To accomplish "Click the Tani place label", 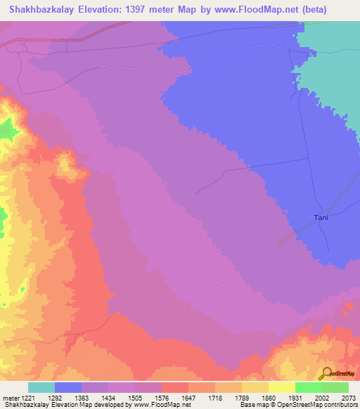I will pos(321,217).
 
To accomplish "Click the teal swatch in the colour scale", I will pos(41,387).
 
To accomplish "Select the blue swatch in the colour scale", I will pos(68,387).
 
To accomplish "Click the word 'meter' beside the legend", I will pos(9,397).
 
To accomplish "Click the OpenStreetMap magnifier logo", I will pos(326,372).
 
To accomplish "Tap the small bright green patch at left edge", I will pos(6,129).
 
